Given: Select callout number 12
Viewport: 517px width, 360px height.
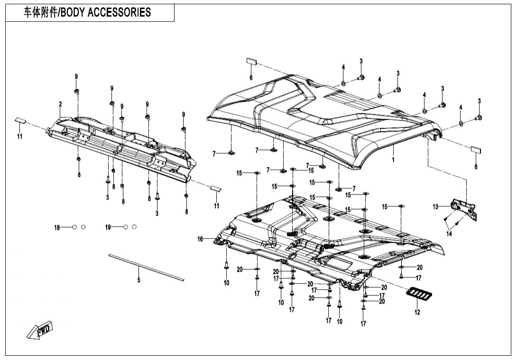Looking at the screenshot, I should [x=417, y=312].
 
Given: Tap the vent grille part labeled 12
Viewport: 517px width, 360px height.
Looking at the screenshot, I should [x=419, y=296].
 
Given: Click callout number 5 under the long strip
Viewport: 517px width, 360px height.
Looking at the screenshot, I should [x=139, y=280].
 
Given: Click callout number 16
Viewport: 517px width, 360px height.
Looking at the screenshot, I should [x=200, y=239].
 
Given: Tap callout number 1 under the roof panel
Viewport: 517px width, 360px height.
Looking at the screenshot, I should [x=393, y=160].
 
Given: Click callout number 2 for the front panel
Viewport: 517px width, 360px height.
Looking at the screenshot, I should [x=60, y=104].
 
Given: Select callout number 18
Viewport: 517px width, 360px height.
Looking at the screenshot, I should [x=57, y=228].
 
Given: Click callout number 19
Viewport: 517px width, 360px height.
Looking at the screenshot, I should [x=108, y=228].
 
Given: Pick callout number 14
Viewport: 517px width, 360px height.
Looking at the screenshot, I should [x=449, y=233].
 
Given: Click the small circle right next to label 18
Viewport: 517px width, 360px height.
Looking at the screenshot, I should [x=74, y=228].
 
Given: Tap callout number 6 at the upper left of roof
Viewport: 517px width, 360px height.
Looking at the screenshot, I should [x=251, y=77].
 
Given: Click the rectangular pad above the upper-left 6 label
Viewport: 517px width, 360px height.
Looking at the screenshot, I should [x=251, y=61].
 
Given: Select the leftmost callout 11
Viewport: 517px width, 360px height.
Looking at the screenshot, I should [x=20, y=137].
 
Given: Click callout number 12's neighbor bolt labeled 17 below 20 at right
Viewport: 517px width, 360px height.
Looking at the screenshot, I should [x=419, y=277].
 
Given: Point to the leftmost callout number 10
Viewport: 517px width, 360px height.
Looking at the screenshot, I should [x=227, y=283].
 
